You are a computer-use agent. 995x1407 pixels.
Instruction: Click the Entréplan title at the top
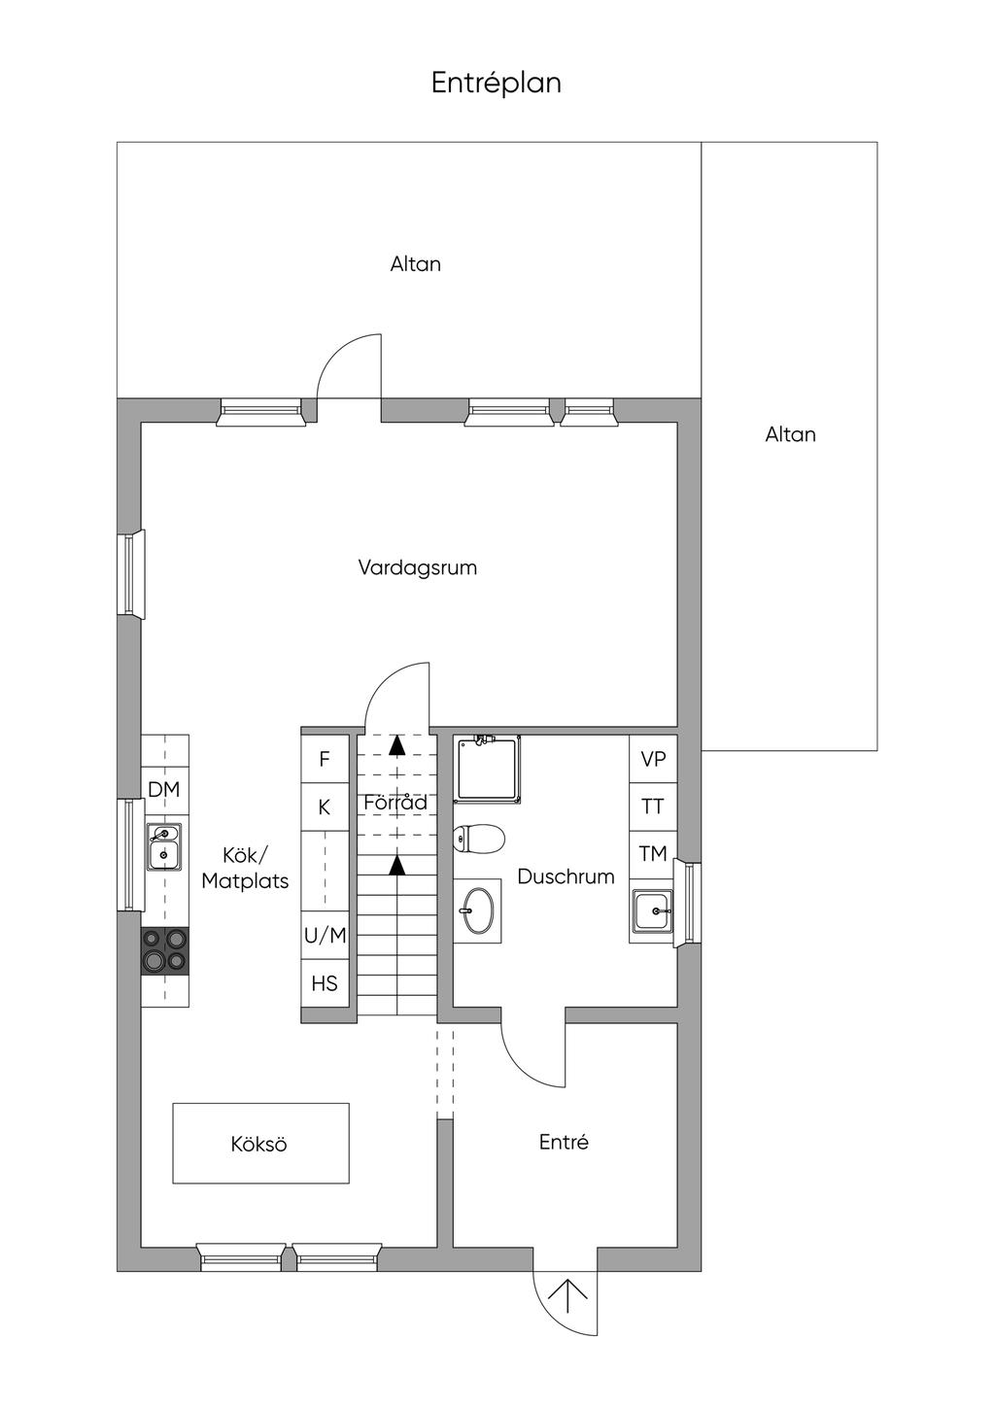[x=496, y=84]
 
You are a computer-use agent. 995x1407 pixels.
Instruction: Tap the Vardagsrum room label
[x=417, y=567]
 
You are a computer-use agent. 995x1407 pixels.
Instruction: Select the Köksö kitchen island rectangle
[x=260, y=1144]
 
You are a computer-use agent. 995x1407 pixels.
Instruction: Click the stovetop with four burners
[x=164, y=950]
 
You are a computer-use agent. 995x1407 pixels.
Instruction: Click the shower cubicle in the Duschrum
[x=488, y=768]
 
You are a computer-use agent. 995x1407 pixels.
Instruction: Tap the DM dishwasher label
[x=164, y=790]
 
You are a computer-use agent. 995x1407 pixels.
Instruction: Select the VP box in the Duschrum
[x=653, y=759]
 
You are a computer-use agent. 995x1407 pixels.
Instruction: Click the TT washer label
[x=653, y=806]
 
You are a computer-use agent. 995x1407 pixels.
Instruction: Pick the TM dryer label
[x=653, y=854]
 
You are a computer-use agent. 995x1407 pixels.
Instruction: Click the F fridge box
[x=325, y=759]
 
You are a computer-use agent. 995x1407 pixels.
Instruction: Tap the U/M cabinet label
[x=325, y=936]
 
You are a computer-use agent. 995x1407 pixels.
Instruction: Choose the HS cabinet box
[x=325, y=983]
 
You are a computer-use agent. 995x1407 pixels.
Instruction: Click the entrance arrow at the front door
[x=566, y=1298]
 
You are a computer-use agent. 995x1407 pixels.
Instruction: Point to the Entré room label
[x=564, y=1143]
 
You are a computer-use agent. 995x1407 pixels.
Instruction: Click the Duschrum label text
[x=566, y=876]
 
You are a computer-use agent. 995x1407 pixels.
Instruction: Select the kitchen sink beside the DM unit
[x=164, y=846]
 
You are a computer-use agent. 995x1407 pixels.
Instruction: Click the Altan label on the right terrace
[x=790, y=434]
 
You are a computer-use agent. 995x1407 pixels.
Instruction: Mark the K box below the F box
[x=325, y=807]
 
